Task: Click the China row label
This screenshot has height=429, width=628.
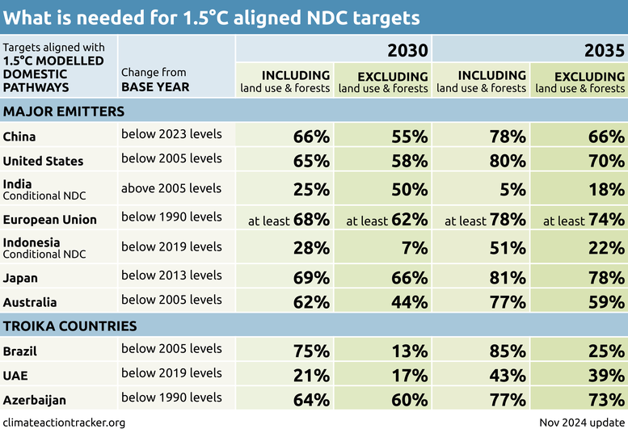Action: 19,137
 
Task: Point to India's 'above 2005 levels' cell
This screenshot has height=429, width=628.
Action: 171,188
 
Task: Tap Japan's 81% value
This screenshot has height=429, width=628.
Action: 508,278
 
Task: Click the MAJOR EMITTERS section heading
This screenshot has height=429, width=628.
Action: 64,111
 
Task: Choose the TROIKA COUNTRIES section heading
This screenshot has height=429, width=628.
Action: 70,326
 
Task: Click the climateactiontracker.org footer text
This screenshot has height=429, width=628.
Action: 65,422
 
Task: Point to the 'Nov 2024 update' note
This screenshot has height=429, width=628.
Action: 581,422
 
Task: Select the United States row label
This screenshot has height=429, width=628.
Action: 44,161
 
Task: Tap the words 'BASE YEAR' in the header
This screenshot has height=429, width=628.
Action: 155,86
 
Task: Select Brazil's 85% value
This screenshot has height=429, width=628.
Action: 508,351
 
